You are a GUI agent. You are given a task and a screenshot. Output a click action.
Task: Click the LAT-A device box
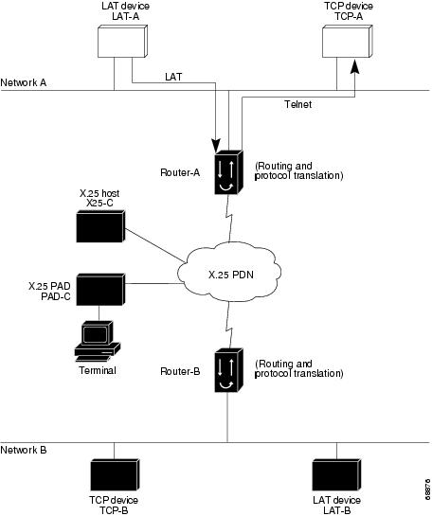[x=122, y=41]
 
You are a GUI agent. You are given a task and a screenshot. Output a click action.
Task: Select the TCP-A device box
[x=347, y=41]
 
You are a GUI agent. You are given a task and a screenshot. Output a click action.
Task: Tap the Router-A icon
[x=229, y=172]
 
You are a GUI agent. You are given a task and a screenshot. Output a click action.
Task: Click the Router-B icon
[x=229, y=370]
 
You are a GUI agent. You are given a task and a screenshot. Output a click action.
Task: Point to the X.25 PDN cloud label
[x=231, y=275]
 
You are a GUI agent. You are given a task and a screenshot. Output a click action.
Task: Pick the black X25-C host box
[x=100, y=226]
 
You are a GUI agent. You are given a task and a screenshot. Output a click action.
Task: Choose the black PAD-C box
[x=100, y=290]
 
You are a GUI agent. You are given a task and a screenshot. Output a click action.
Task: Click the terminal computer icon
[x=98, y=341]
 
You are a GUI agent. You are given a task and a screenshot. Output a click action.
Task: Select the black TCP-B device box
[x=115, y=474]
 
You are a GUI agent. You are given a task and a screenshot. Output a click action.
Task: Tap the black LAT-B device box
[x=336, y=474]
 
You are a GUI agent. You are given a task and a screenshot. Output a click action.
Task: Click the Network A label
[x=24, y=82]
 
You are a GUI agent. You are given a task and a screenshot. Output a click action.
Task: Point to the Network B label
[x=24, y=450]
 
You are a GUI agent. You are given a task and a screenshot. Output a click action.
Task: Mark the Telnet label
[x=298, y=104]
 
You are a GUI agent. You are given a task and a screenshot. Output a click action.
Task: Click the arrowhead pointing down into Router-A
[x=216, y=146]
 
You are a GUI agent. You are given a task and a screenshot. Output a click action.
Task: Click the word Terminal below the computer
[x=98, y=370]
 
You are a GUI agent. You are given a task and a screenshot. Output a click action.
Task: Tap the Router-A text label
[x=180, y=172]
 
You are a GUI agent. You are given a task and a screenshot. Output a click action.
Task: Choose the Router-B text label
[x=180, y=371]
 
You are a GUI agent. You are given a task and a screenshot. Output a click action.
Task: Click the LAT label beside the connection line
[x=173, y=77]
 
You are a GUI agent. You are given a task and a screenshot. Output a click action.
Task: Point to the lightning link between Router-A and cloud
[x=229, y=218]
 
